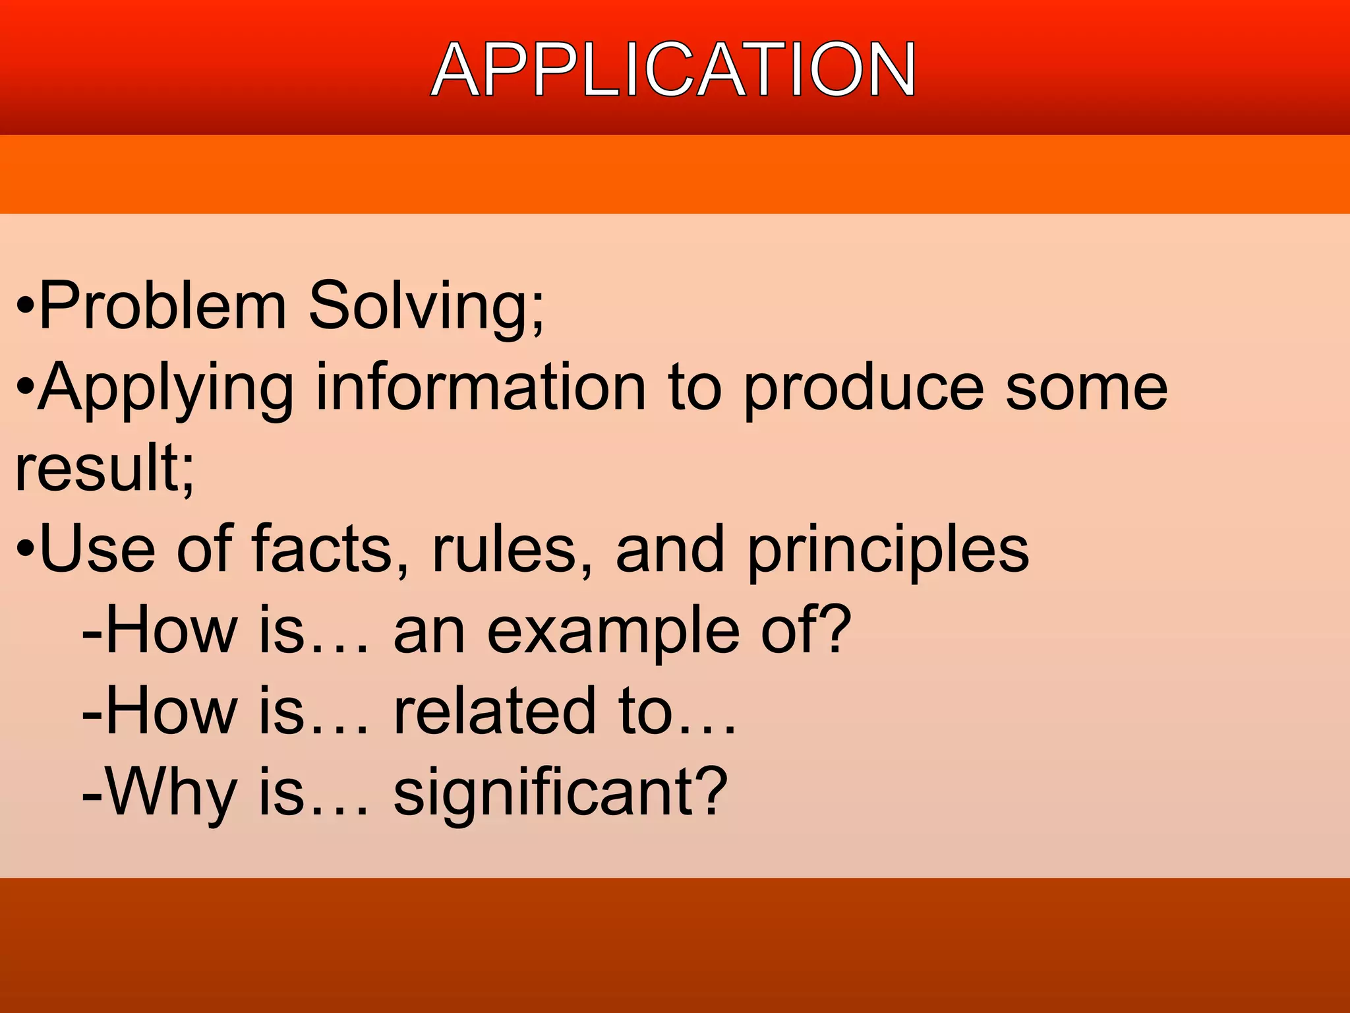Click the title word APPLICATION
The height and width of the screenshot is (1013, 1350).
click(x=673, y=69)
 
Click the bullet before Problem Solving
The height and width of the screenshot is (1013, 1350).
click(x=25, y=307)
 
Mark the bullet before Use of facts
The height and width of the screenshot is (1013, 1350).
click(x=25, y=549)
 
